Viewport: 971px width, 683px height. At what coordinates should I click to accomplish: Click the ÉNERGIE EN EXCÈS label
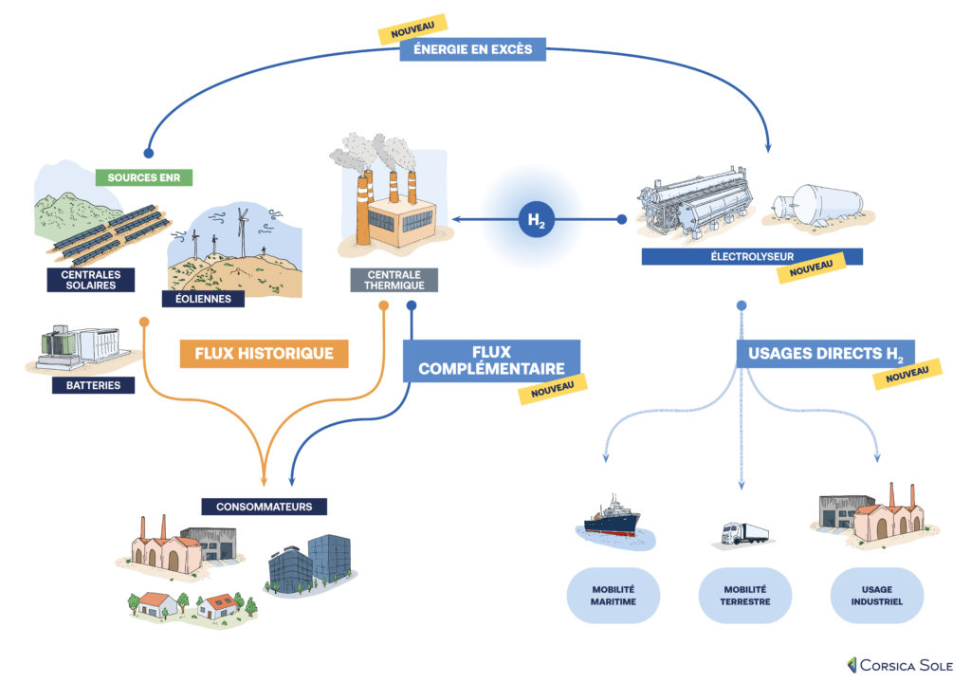472,49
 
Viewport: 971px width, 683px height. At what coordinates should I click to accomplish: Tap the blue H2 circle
536,220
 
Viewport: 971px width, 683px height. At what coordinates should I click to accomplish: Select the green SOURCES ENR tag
143,177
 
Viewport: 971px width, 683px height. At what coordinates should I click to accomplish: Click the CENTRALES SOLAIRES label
91,279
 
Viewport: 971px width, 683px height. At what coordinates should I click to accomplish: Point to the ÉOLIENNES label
202,299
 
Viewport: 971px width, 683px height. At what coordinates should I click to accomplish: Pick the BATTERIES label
93,385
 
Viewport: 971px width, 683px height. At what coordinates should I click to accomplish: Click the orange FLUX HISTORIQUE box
264,354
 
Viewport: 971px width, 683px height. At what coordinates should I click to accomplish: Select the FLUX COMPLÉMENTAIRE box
490,360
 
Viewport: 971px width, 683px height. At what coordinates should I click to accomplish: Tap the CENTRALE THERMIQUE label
394,279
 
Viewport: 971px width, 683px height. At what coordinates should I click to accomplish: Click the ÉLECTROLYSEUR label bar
751,256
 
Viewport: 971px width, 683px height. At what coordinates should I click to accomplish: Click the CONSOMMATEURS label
264,507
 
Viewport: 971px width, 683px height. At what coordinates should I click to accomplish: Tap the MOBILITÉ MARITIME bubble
614,595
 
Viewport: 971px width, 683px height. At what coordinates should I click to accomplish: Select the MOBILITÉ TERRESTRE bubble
744,595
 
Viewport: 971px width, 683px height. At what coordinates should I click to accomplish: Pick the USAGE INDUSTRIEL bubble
876,595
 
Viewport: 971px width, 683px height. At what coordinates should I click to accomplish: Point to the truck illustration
744,535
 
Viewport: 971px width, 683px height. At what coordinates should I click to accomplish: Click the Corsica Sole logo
900,664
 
